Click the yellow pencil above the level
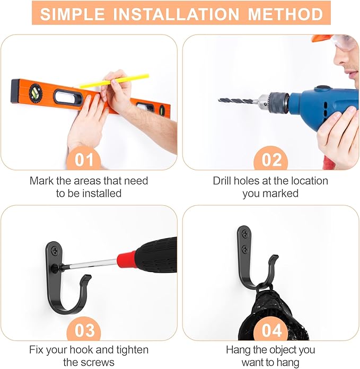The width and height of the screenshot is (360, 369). (x=114, y=81)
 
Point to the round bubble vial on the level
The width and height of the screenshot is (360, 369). (x=36, y=93)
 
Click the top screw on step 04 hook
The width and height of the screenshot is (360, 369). (x=244, y=232)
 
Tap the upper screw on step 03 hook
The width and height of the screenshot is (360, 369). (x=55, y=248)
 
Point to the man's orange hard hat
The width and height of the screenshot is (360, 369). (x=322, y=39)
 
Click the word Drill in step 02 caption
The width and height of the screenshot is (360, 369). (x=225, y=181)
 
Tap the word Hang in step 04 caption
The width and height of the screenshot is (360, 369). (x=238, y=350)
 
